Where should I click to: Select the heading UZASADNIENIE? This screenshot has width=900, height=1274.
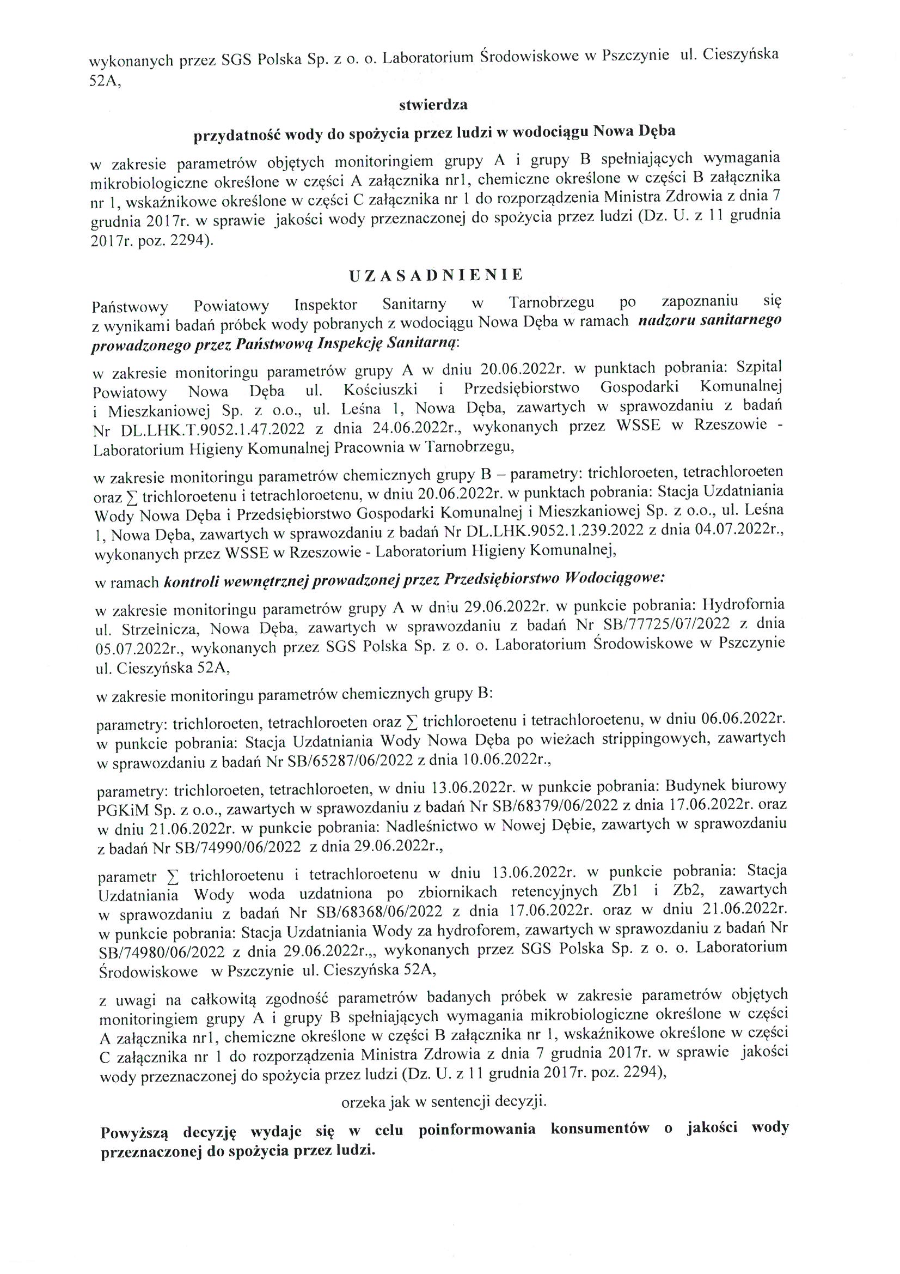436,275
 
